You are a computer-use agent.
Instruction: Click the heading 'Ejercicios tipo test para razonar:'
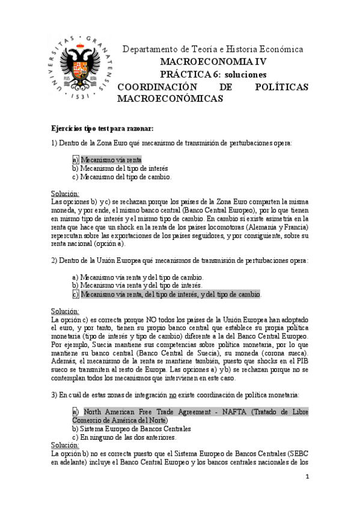102,128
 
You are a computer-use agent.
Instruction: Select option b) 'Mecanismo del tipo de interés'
120,168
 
